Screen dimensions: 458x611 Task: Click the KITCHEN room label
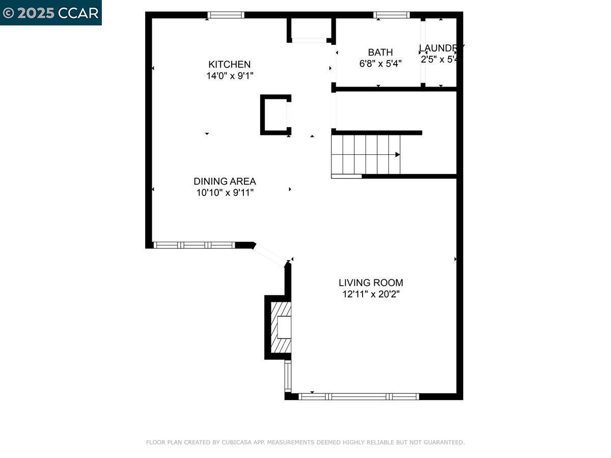tap(229, 65)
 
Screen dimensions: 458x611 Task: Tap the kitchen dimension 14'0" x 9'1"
tap(229, 76)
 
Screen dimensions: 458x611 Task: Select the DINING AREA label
tap(225, 181)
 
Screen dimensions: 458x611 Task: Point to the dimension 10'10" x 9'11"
tap(225, 193)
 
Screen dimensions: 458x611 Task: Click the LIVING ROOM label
tap(371, 282)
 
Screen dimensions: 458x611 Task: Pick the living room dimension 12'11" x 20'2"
tap(371, 294)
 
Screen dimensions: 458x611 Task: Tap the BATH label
tap(380, 52)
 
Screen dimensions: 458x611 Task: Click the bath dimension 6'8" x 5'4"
tap(380, 64)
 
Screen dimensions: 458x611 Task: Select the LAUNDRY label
tap(440, 48)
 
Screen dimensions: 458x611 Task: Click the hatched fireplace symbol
tap(281, 327)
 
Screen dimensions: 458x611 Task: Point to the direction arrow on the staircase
tap(397, 155)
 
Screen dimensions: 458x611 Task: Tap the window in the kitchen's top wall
tap(226, 15)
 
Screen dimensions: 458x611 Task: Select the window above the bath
tap(392, 15)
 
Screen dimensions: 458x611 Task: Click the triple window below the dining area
tap(194, 245)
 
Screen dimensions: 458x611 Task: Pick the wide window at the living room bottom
tap(359, 396)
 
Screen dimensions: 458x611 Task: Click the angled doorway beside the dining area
tap(270, 254)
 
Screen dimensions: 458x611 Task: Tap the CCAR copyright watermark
tap(51, 13)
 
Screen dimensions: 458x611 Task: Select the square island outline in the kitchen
tap(275, 114)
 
